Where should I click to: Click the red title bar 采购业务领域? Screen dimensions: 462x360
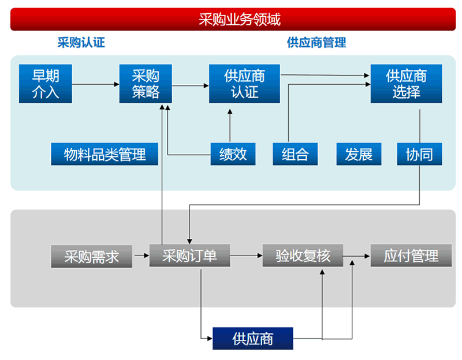click(x=233, y=19)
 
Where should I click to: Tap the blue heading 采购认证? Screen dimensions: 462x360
click(x=81, y=43)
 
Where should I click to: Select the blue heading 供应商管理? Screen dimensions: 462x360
click(x=316, y=43)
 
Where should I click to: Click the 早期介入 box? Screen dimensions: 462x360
click(x=46, y=84)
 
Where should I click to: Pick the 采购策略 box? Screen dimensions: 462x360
click(x=146, y=84)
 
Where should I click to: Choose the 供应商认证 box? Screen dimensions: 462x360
click(x=244, y=84)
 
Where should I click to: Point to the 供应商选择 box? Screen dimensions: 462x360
click(x=407, y=84)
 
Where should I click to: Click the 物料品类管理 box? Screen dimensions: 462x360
click(x=105, y=154)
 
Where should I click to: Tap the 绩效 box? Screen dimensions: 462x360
click(x=233, y=154)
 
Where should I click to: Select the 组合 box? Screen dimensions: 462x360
click(x=295, y=154)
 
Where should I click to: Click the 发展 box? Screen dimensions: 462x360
click(x=359, y=154)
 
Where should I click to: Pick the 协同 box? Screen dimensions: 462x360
click(x=420, y=154)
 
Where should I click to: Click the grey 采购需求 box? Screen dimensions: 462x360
click(x=92, y=256)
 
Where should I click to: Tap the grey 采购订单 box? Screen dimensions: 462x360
click(x=190, y=256)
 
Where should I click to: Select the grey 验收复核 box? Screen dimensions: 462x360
click(x=303, y=256)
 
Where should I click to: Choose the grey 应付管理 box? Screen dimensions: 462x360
click(x=411, y=256)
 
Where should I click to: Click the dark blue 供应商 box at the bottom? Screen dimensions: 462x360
click(x=253, y=339)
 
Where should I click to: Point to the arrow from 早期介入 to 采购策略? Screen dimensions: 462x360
click(x=96, y=84)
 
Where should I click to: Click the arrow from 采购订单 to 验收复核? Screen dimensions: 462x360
click(x=247, y=256)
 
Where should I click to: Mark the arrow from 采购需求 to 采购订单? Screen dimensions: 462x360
click(x=141, y=256)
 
